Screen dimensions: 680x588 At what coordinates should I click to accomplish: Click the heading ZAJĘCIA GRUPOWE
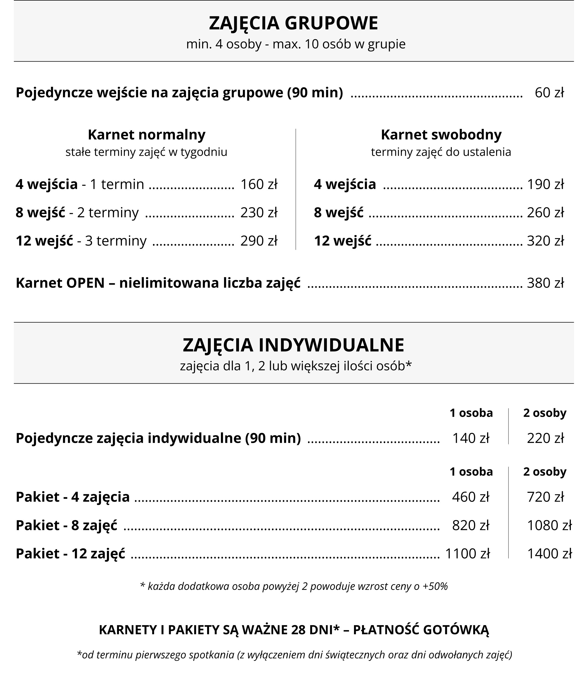(293, 23)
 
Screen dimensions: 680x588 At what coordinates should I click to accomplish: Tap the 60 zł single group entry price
(549, 93)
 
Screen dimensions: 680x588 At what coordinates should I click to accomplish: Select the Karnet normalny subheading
(147, 134)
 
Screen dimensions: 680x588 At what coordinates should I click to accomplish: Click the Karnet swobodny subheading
(441, 134)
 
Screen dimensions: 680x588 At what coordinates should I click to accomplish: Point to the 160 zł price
(259, 184)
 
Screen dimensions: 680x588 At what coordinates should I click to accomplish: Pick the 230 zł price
(259, 212)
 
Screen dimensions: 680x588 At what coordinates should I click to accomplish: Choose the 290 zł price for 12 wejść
(259, 241)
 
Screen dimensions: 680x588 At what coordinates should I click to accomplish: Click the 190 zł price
(545, 184)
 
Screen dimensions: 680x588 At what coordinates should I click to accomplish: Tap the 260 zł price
(545, 212)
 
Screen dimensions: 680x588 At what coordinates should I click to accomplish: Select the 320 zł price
(545, 241)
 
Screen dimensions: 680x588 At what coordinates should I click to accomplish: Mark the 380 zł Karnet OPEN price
(545, 283)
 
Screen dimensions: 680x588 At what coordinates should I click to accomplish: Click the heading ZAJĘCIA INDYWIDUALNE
(293, 345)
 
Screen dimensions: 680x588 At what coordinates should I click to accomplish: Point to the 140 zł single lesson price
(470, 438)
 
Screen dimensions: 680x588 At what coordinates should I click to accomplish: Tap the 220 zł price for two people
(545, 438)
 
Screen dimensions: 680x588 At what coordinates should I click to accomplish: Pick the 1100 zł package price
(467, 554)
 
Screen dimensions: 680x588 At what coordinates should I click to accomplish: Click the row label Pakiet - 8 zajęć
(67, 525)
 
